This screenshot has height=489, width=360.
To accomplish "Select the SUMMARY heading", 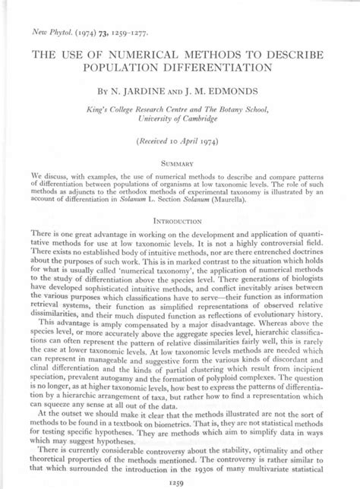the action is [x=179, y=162].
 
